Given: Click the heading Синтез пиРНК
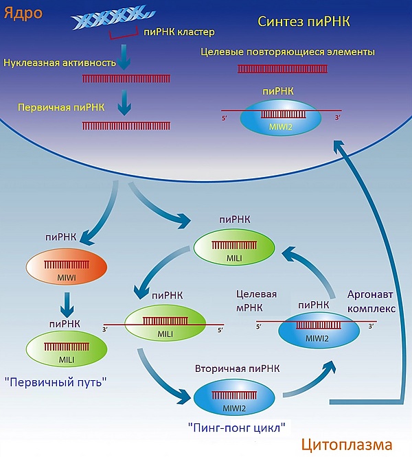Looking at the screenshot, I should point(304,21).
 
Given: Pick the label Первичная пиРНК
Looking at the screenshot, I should point(49,109).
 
